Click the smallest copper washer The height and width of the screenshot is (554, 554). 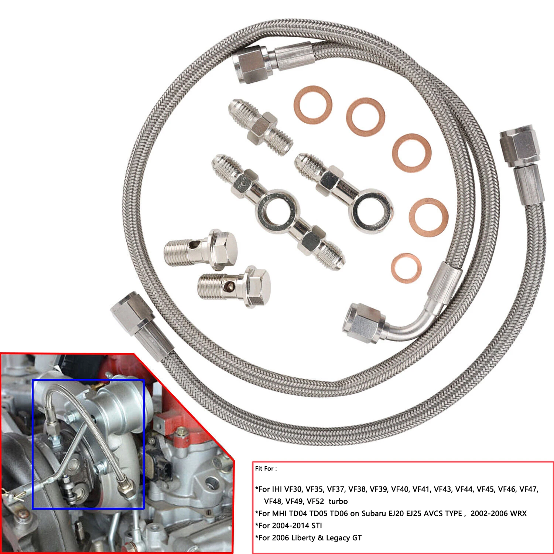click(x=406, y=268)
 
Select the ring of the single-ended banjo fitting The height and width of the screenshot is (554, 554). click(x=371, y=209)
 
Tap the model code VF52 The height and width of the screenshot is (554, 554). click(x=315, y=502)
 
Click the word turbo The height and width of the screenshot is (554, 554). click(x=338, y=502)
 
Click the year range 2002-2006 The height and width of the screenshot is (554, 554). click(x=487, y=514)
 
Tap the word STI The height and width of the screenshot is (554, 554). click(x=314, y=526)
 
